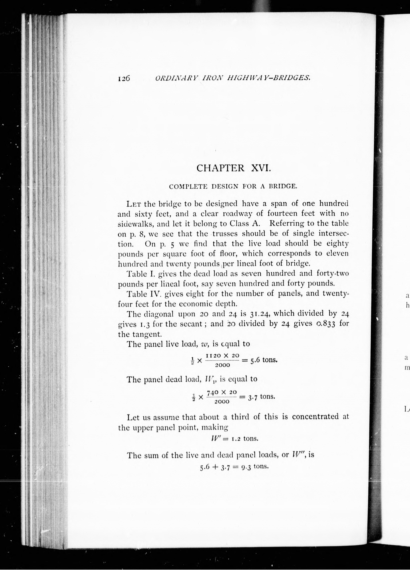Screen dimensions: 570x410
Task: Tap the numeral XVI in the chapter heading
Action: (261, 168)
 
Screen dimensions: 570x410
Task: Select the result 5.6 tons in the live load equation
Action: (264, 360)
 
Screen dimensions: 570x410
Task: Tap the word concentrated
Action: (315, 416)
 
